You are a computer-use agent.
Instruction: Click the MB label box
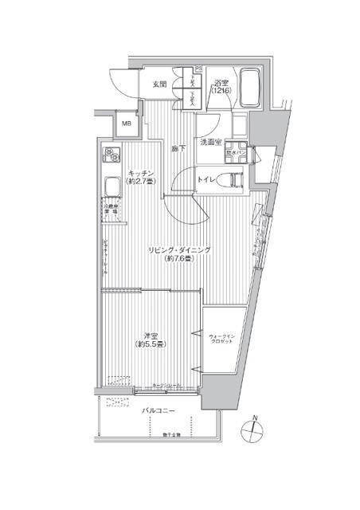tap(126, 123)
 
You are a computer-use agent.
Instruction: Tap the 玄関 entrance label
tap(158, 84)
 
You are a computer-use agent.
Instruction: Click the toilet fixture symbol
tap(234, 180)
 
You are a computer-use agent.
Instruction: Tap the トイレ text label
tap(207, 180)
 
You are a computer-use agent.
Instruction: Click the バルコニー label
tap(158, 411)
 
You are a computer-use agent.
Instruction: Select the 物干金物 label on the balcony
tap(172, 434)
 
